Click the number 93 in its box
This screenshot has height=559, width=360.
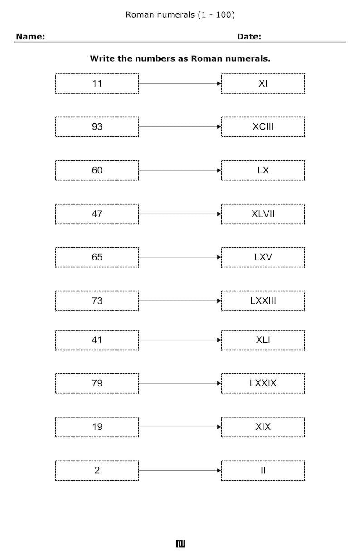pos(97,127)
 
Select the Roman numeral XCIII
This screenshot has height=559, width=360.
pos(263,127)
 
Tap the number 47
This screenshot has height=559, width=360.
pos(97,214)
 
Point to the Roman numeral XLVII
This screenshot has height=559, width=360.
pos(263,214)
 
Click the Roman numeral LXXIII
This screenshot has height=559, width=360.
pos(263,301)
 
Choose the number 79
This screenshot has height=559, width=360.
pos(97,383)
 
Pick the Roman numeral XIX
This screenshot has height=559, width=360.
pos(263,427)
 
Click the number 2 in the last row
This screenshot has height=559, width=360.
pos(97,470)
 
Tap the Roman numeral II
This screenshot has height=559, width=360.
pos(263,470)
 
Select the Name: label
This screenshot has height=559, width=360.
pos(30,37)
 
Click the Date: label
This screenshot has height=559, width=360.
pos(249,37)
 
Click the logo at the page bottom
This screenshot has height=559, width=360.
pos(181,544)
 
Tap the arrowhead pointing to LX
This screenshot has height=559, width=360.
pos(219,170)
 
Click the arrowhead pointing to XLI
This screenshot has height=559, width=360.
pos(219,340)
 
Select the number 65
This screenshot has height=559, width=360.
pos(97,257)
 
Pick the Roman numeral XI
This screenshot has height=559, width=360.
pos(263,83)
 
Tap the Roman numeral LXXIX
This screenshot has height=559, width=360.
pos(263,383)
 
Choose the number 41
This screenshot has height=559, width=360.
pos(97,340)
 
